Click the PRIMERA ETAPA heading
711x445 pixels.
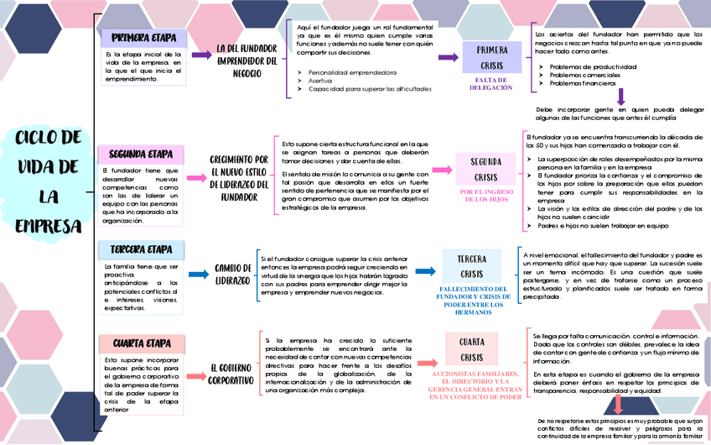(x=142, y=38)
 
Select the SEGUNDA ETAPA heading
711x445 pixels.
(x=141, y=154)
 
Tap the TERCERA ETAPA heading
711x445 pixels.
(x=141, y=249)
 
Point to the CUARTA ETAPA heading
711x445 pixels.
(x=142, y=343)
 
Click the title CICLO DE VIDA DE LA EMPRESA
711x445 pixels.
(x=48, y=181)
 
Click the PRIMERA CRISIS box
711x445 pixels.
(x=492, y=57)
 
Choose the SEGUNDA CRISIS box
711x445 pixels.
(x=485, y=170)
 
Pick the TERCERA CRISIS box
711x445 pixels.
(x=472, y=267)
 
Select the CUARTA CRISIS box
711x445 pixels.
(x=472, y=348)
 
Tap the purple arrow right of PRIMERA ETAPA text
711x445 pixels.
(x=201, y=55)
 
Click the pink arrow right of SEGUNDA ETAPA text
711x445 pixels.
(x=197, y=178)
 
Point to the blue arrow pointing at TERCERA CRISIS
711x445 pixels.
(x=426, y=271)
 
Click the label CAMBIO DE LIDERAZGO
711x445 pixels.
(x=231, y=274)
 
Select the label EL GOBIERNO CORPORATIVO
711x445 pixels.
(x=231, y=374)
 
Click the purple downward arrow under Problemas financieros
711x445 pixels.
(x=621, y=97)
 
